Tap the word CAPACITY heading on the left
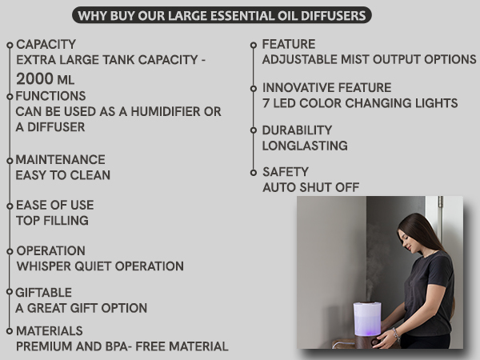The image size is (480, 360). (46, 44)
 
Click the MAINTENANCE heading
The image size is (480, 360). (61, 159)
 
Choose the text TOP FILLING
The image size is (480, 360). (52, 220)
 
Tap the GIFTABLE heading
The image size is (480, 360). (44, 293)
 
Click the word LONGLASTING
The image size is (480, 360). (305, 146)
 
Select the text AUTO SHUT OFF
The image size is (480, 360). (311, 187)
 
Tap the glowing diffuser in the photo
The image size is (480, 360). (367, 318)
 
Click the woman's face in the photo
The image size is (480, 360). (409, 232)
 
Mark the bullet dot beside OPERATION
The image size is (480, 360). (10, 250)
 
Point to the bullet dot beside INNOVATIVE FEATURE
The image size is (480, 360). (254, 88)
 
